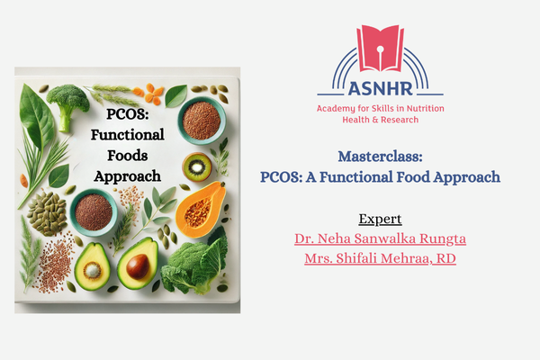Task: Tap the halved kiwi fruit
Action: [197, 166]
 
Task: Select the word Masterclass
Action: [381, 156]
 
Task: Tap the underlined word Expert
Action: [380, 220]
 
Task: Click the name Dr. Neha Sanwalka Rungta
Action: [380, 239]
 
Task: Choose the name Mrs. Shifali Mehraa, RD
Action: [380, 260]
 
